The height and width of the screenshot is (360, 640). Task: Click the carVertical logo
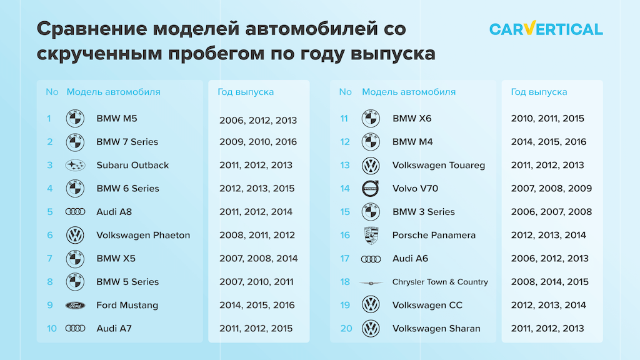point(546,29)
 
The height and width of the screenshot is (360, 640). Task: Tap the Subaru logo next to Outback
point(75,165)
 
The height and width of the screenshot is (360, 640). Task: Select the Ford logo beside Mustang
point(75,305)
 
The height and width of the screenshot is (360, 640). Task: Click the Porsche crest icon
point(371,236)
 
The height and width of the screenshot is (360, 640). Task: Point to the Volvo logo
point(371,189)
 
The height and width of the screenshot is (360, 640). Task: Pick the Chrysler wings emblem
point(371,282)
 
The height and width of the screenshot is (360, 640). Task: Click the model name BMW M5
point(117,119)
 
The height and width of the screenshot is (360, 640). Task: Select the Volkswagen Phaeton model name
point(143,236)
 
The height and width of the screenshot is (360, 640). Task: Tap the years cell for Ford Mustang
point(257,305)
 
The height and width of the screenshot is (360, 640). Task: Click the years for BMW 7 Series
point(258,142)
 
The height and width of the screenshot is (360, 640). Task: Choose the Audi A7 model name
point(114,329)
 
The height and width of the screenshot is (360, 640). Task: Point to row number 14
point(345,189)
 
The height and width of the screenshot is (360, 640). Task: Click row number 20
point(346,329)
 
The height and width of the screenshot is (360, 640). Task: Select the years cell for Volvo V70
point(551,189)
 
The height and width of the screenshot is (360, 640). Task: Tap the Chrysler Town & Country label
point(440,282)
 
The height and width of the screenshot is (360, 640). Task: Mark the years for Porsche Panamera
point(549,236)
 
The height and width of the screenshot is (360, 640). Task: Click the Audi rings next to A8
point(75,212)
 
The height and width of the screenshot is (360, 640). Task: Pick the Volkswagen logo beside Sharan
point(371,329)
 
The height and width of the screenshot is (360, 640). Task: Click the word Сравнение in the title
point(92,29)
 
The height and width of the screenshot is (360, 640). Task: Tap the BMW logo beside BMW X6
point(371,118)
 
